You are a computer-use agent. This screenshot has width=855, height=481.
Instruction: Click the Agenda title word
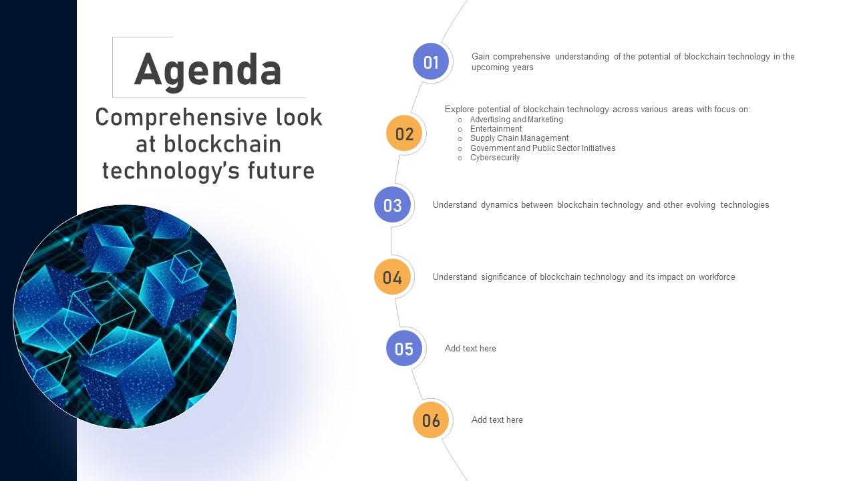(208, 69)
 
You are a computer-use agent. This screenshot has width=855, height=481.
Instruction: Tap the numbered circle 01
(431, 62)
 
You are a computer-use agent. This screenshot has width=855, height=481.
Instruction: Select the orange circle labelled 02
(405, 134)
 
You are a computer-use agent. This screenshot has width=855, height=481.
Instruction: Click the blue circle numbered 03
(393, 205)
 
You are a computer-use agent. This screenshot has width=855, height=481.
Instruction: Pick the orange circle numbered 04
(393, 277)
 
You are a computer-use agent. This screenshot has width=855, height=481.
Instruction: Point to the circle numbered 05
(404, 349)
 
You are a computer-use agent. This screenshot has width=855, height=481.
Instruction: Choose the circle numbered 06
(431, 420)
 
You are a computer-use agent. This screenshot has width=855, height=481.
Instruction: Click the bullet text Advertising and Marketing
(516, 120)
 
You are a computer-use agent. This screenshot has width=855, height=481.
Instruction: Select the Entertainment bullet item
(496, 129)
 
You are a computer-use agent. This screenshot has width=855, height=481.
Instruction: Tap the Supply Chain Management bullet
(519, 138)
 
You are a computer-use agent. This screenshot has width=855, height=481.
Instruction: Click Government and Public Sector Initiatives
(542, 148)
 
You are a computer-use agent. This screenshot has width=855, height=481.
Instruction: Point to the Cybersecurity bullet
(494, 158)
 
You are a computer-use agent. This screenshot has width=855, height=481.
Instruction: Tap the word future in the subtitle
(281, 170)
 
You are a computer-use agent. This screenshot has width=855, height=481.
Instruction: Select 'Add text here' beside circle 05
(470, 349)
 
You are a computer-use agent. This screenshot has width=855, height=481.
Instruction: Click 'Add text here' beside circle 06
(497, 420)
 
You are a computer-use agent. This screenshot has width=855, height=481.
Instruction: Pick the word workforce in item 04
(717, 277)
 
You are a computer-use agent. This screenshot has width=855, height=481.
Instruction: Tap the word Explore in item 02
(459, 110)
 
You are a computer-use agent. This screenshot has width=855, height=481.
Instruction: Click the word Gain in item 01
(481, 57)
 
